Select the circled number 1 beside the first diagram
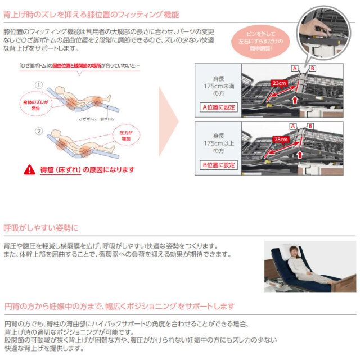pyautogui.click(x=39, y=85)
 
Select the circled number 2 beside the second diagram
pyautogui.click(x=39, y=131)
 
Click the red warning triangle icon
pyautogui.click(x=29, y=168)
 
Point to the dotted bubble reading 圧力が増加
pyautogui.click(x=127, y=134)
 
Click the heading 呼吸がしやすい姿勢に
pyautogui.click(x=42, y=228)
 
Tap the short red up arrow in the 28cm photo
pyautogui.click(x=300, y=153)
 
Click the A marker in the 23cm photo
pyautogui.click(x=294, y=67)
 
